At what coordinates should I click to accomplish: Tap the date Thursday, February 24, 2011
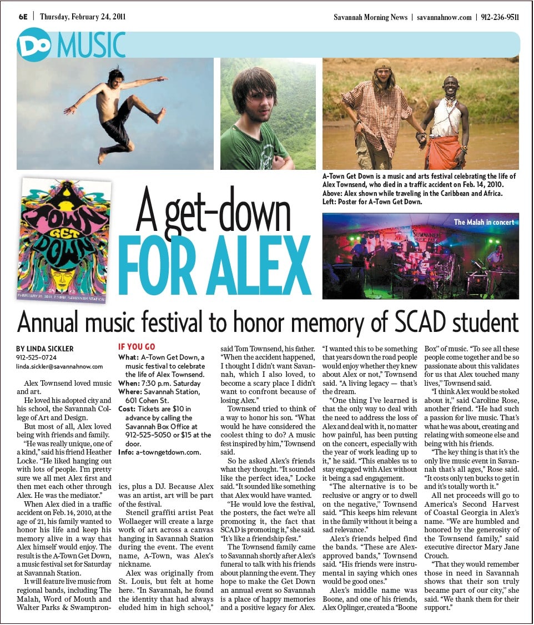(83, 17)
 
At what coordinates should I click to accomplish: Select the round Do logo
(34, 44)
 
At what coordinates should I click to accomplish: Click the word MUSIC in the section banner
(90, 45)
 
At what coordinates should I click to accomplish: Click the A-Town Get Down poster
(64, 240)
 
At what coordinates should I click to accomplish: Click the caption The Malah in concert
(483, 222)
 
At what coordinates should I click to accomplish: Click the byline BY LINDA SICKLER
(45, 349)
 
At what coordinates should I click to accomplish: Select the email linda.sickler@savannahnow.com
(59, 366)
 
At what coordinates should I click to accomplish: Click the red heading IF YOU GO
(137, 347)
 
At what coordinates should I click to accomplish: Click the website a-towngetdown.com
(168, 452)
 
